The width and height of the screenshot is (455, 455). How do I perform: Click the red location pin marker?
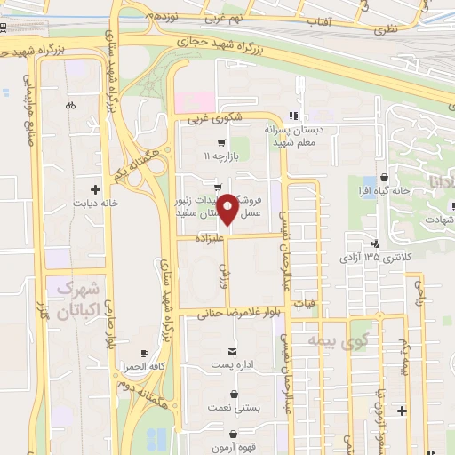pos(228,209)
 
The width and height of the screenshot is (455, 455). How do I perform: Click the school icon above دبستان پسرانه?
pos(294,115)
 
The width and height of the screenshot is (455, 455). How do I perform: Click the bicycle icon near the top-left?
pos(70,105)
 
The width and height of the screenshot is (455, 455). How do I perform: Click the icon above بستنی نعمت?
pos(234,393)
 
